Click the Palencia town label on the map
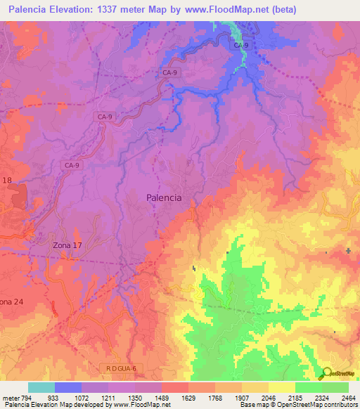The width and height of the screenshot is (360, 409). pos(164,198)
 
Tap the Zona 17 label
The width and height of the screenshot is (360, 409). pos(67,245)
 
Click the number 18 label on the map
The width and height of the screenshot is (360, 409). pos(7,181)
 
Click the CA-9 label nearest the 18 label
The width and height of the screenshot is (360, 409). pos(72,165)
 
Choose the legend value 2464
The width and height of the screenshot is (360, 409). pos(349,398)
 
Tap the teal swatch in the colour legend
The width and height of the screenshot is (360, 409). pos(41,387)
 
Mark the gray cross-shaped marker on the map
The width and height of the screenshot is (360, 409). pos(349,251)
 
